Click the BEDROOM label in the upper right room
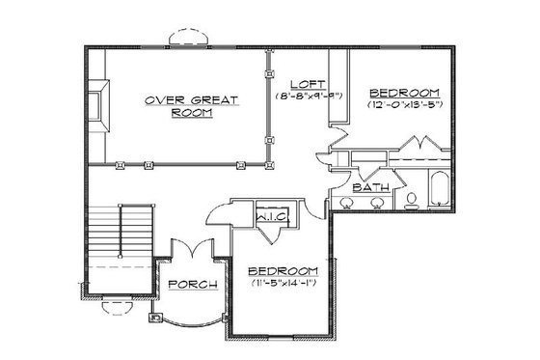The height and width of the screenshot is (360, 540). [x=404, y=90]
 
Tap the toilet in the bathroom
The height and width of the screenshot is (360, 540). [x=412, y=200]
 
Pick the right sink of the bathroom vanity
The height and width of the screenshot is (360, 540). [x=376, y=203]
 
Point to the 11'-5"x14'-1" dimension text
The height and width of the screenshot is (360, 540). [x=283, y=284]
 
